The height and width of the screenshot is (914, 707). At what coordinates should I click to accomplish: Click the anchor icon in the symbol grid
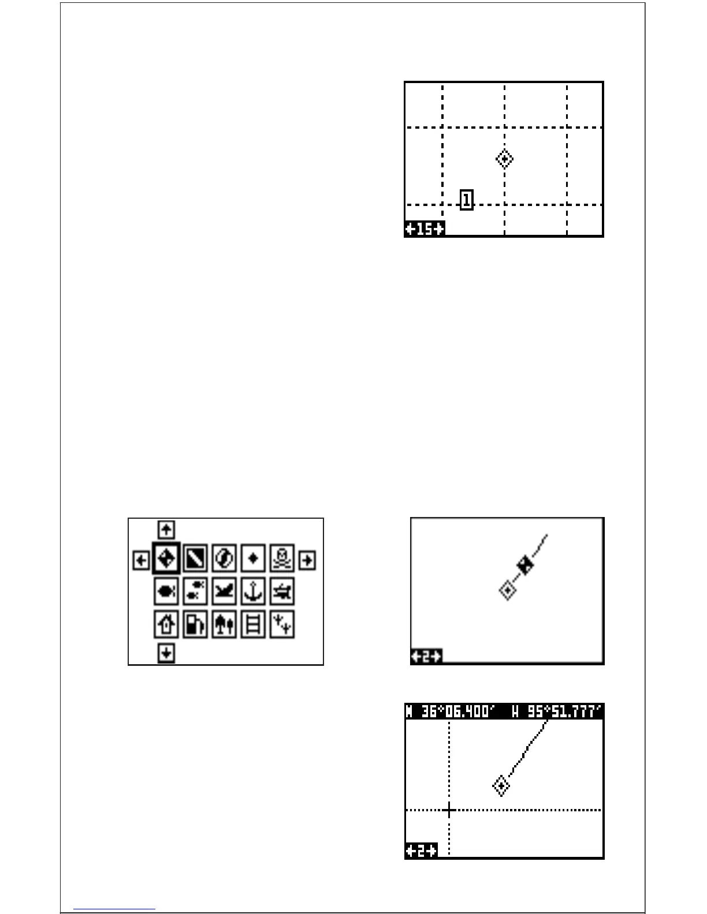253,591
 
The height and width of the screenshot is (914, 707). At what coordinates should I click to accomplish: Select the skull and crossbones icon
282,559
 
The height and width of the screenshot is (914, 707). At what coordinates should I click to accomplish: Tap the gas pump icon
195,624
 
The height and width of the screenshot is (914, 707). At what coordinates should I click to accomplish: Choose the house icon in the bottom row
166,624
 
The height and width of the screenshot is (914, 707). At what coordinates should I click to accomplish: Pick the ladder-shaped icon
253,624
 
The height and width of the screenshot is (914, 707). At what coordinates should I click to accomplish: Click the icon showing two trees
224,624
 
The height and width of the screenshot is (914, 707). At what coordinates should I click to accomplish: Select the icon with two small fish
195,591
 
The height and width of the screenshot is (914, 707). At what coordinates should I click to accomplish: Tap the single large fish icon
166,591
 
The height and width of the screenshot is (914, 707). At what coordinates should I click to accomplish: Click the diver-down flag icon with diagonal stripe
195,559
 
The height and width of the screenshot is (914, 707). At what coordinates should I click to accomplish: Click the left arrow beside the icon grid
141,560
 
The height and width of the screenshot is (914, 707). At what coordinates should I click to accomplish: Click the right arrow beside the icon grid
307,560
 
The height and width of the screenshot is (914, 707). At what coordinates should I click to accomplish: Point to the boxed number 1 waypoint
467,200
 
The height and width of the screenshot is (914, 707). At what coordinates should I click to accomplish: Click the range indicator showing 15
425,229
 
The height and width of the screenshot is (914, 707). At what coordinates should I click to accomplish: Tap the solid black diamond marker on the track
525,565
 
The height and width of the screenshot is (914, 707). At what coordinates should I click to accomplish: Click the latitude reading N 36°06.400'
450,711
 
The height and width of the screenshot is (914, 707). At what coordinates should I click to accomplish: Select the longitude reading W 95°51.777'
557,711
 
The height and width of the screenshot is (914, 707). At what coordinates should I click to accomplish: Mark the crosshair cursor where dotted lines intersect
449,810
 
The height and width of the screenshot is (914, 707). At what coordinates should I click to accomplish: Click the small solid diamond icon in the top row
253,559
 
